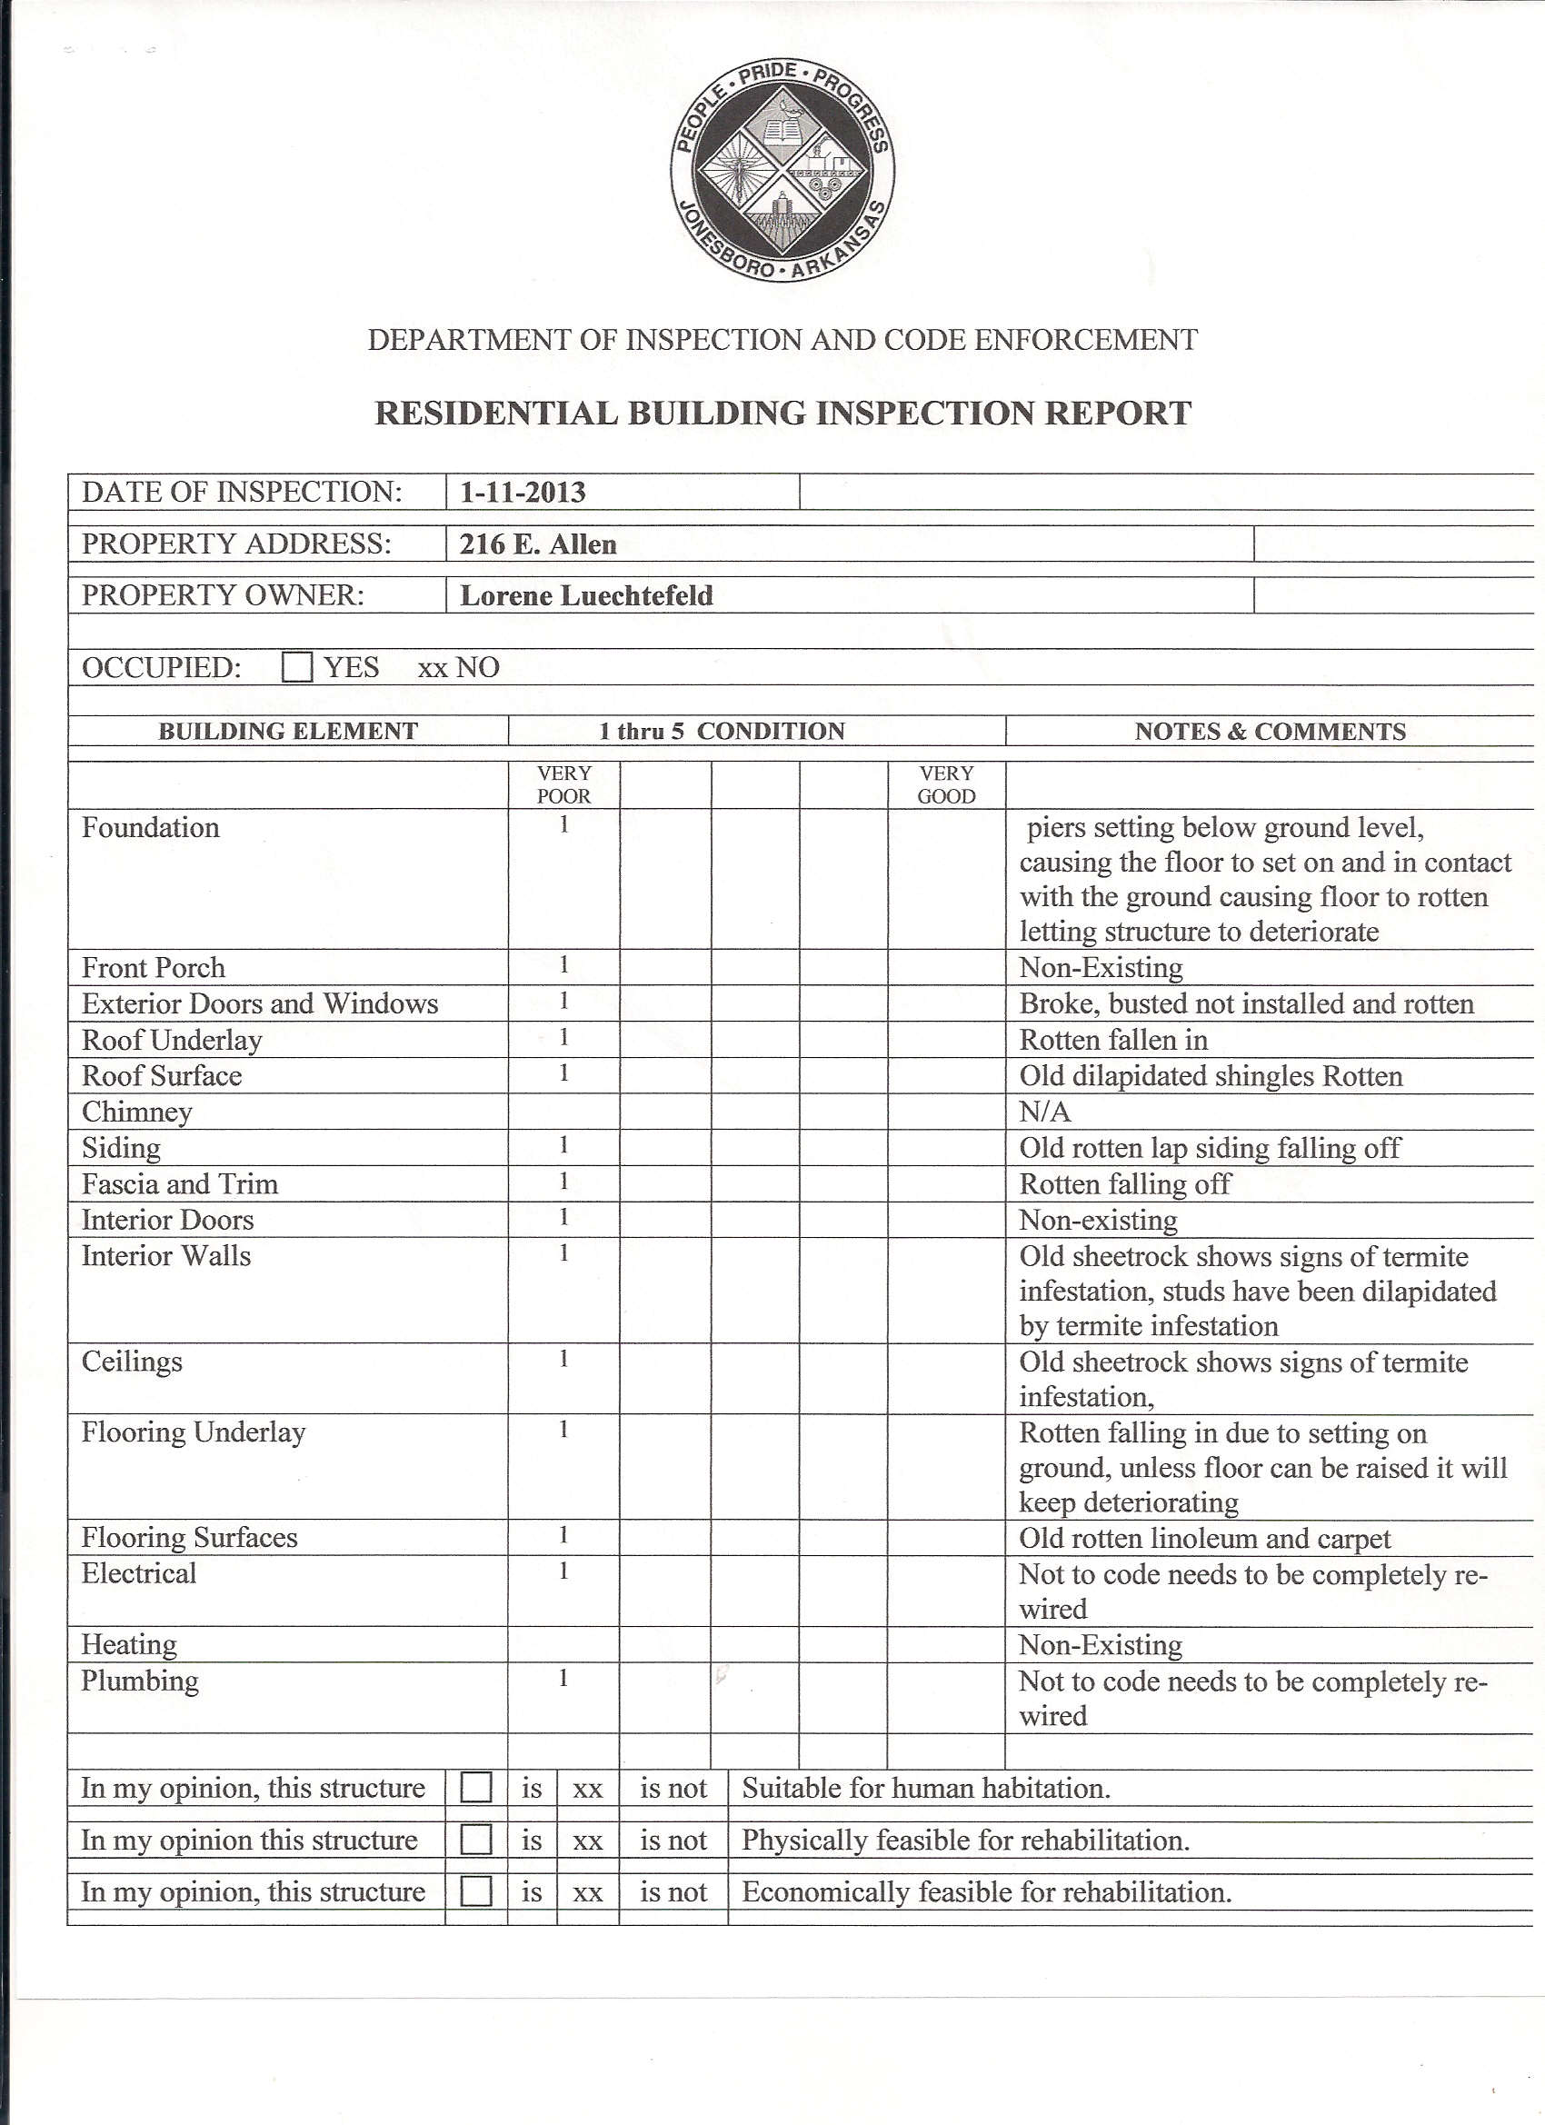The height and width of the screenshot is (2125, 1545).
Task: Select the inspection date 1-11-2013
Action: [522, 492]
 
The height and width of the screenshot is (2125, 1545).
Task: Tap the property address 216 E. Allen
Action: [538, 544]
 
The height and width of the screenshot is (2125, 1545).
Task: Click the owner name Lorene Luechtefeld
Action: [586, 596]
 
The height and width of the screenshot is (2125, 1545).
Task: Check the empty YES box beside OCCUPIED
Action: [297, 667]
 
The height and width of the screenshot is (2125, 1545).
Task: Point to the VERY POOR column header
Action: [564, 784]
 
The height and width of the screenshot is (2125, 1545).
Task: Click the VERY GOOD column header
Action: [946, 784]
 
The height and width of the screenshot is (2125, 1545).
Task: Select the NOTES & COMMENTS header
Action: [1270, 732]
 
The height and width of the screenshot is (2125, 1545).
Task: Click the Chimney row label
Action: [137, 1112]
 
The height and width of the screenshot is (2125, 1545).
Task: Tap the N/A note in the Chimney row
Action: [1044, 1112]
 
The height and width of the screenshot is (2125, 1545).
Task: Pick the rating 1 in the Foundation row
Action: [564, 825]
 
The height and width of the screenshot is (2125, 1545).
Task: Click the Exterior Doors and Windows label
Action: [260, 1003]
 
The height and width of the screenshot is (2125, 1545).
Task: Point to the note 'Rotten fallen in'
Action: [1113, 1040]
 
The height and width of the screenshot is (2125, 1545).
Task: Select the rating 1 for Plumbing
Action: [564, 1678]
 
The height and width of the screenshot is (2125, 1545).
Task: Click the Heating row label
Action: [128, 1644]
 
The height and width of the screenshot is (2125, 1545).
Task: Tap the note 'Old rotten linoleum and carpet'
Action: [1205, 1539]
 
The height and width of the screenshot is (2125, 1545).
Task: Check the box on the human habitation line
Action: [477, 1788]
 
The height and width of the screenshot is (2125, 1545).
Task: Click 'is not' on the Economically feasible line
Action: [673, 1891]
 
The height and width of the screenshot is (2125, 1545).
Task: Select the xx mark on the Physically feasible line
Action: [587, 1841]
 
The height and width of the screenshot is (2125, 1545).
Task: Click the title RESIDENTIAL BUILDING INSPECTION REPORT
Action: [782, 414]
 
